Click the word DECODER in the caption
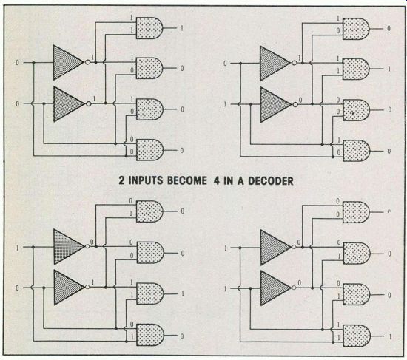(x=271, y=181)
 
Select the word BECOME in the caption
(x=187, y=180)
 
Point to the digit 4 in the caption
(x=217, y=181)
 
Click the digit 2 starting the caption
(x=122, y=180)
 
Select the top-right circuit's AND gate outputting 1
(x=356, y=69)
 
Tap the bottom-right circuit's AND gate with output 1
(x=357, y=336)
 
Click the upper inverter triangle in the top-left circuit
(x=68, y=63)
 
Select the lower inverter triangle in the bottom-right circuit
(x=275, y=288)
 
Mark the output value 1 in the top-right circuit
(x=388, y=69)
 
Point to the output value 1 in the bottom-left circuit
(x=183, y=294)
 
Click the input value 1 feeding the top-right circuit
(x=225, y=104)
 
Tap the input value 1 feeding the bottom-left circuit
(x=18, y=248)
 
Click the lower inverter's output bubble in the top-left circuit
(x=89, y=104)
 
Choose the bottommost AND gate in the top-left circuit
(x=149, y=150)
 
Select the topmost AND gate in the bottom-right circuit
(x=356, y=212)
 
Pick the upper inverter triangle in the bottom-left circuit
(x=69, y=247)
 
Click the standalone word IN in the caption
(x=229, y=181)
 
